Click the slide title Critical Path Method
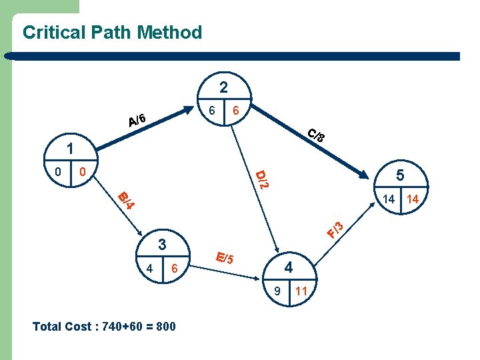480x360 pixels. (x=112, y=32)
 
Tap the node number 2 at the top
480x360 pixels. (x=224, y=87)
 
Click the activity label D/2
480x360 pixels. (x=263, y=179)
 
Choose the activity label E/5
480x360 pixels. (x=225, y=257)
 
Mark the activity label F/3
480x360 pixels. (x=336, y=229)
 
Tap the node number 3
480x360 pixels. (x=161, y=243)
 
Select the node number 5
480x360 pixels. (x=401, y=175)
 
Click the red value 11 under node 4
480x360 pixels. (x=301, y=291)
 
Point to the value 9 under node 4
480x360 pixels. (x=277, y=291)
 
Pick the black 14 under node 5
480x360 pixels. (x=389, y=199)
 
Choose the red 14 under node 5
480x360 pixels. (x=413, y=199)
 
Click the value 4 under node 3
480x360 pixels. (x=151, y=268)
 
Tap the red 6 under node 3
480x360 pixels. (x=174, y=268)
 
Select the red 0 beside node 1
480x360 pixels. (x=82, y=172)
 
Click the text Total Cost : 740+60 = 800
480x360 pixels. (x=104, y=327)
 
